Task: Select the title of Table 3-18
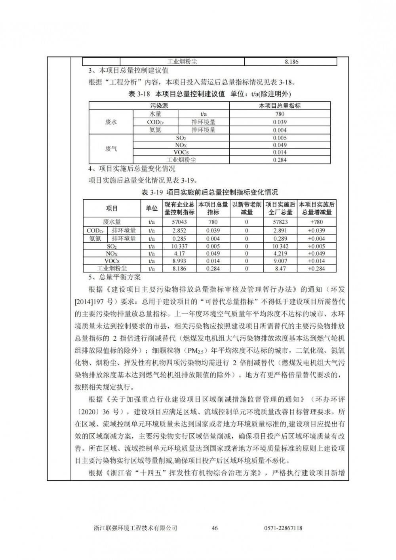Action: (x=209, y=94)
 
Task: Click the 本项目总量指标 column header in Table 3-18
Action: (x=280, y=106)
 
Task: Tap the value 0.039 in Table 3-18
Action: (x=280, y=122)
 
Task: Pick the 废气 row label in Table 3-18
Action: (x=111, y=149)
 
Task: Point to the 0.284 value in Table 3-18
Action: (x=280, y=160)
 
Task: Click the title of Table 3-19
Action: (x=209, y=192)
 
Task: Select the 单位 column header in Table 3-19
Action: (x=152, y=208)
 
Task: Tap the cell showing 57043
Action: (x=179, y=222)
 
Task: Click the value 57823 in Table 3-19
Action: (x=280, y=222)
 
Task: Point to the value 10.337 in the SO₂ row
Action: (x=179, y=246)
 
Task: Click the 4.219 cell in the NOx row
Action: (x=280, y=253)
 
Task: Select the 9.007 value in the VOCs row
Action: (x=280, y=261)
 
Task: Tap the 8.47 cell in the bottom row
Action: (x=280, y=269)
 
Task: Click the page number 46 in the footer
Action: (x=215, y=528)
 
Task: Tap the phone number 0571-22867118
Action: (x=283, y=528)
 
